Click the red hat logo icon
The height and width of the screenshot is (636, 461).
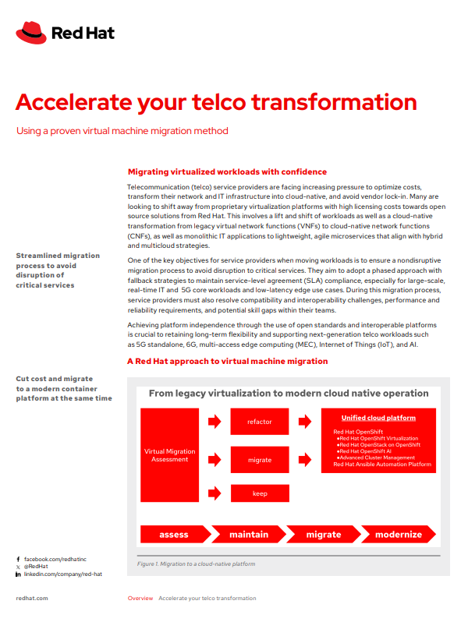pos(31,33)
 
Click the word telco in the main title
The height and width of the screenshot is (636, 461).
pos(219,102)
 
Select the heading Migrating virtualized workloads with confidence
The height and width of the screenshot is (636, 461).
pos(227,172)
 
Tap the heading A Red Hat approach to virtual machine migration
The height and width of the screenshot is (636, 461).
pos(227,362)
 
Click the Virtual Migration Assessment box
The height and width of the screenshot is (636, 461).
pos(169,455)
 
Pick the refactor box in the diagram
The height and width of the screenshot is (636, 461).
pos(260,422)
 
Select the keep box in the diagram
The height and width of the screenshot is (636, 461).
pos(260,493)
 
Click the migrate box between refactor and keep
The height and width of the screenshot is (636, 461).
pos(260,460)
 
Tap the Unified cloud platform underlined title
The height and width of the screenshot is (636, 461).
pos(378,418)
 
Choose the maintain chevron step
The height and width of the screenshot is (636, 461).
pos(249,534)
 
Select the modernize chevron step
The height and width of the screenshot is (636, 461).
pos(399,534)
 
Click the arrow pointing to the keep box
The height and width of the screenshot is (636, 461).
pos(215,493)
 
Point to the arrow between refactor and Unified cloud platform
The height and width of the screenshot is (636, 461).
pos(305,422)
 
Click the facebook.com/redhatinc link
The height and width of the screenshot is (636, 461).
pos(55,560)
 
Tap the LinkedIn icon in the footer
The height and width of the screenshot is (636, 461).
pos(18,574)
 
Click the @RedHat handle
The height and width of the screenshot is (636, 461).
pos(36,567)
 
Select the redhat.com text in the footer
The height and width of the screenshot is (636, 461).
pos(32,599)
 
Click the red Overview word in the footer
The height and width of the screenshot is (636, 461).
pos(140,599)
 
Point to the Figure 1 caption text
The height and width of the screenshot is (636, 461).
pos(196,564)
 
